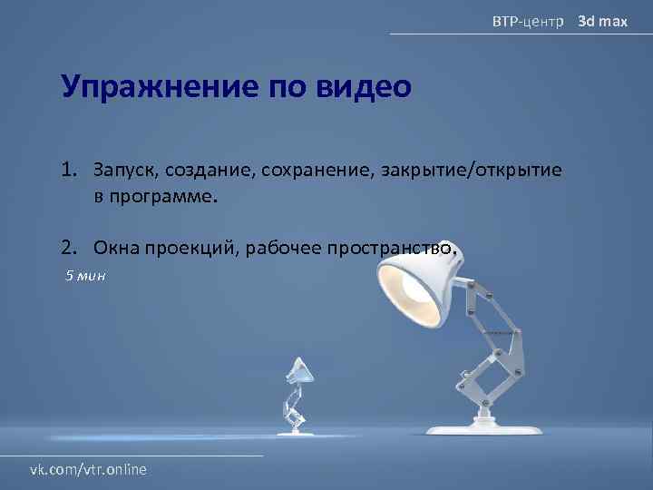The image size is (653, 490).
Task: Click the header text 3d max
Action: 603,19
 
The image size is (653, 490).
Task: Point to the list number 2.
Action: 69,247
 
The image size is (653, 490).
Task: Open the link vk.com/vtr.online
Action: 89,469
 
